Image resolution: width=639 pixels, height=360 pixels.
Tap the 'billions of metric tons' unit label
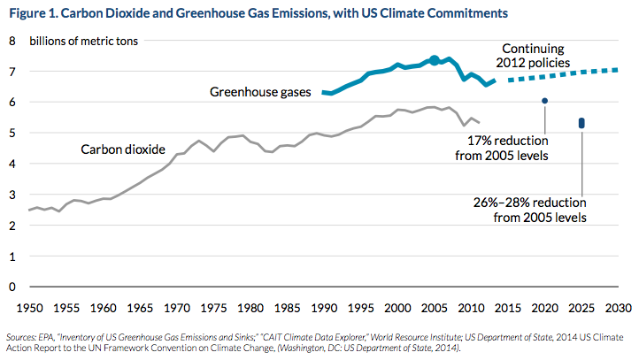[85, 42]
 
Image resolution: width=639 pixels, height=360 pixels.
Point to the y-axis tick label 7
[12, 72]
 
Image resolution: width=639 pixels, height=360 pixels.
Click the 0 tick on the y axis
[12, 287]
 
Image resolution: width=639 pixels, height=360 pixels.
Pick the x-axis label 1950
[28, 309]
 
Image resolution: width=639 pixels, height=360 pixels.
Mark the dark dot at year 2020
[545, 101]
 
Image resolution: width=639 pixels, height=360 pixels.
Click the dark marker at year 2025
[581, 123]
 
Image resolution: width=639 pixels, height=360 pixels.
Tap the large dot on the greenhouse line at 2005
[434, 60]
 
